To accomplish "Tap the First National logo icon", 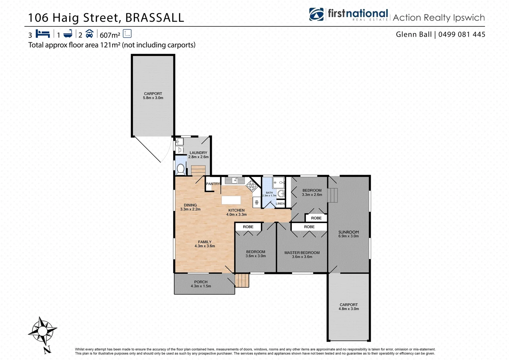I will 316,15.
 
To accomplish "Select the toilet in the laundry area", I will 181,169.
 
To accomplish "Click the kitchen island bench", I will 231,200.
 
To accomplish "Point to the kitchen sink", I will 235,180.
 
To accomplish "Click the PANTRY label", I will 213,184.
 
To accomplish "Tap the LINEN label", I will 280,204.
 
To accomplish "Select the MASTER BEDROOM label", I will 302,253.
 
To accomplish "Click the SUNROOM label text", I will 348,232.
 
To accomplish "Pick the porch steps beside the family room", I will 242,280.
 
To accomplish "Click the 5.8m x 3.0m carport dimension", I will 153,98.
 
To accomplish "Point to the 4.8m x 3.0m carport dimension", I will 348,309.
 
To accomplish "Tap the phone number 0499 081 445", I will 462,34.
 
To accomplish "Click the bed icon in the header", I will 43,34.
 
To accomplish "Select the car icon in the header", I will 89,34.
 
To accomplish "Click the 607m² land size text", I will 110,35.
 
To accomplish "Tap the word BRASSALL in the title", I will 155,18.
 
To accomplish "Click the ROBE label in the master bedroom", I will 309,227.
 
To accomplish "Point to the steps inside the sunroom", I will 333,195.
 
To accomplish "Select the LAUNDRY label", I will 198,153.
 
